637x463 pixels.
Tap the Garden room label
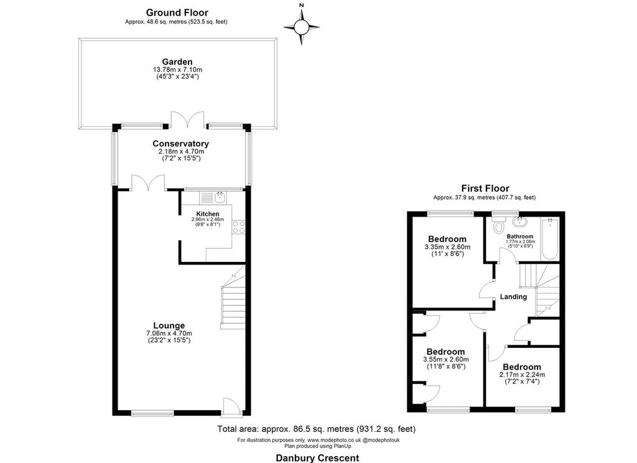point(177,62)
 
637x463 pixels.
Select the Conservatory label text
point(181,144)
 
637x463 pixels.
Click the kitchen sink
point(220,197)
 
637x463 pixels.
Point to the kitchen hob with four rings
point(238,227)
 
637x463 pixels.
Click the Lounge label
point(169,325)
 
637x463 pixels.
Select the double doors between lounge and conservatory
point(148,182)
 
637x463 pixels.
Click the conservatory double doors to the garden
point(187,119)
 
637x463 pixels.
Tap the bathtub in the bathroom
point(550,238)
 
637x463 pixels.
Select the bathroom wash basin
point(518,222)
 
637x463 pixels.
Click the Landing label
point(513,297)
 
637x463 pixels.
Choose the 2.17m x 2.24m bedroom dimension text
point(522,375)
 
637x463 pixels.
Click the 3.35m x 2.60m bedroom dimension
point(447,246)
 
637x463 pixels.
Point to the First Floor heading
point(485,188)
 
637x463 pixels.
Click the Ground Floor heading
point(177,12)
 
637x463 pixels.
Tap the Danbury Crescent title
point(317,458)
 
